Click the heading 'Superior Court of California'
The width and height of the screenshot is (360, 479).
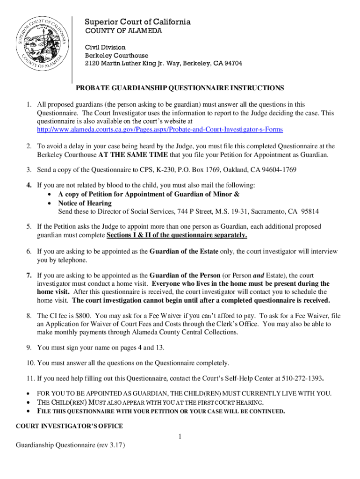click(x=137, y=22)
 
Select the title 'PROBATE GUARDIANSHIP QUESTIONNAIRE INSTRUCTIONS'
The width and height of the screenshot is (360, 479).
click(x=180, y=88)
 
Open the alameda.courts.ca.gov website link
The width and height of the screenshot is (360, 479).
click(x=160, y=129)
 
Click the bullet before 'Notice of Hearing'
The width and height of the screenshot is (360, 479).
click(x=50, y=203)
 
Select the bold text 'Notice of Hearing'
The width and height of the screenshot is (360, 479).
click(x=85, y=203)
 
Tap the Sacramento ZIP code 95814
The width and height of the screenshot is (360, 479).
click(x=310, y=212)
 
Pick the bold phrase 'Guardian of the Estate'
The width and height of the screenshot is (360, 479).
click(x=184, y=252)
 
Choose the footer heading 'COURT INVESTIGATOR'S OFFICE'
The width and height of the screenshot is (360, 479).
click(x=69, y=426)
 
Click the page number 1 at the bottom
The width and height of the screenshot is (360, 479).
click(x=180, y=436)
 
